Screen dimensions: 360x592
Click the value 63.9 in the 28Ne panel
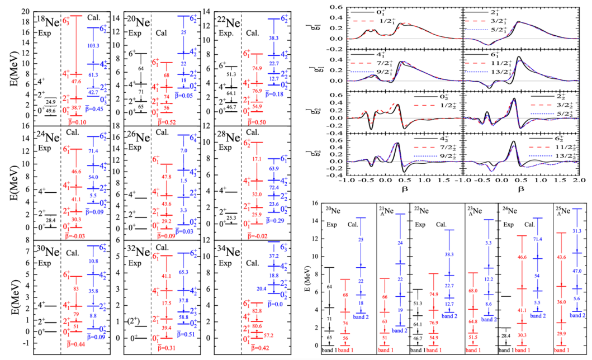pyautogui.click(x=276, y=168)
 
